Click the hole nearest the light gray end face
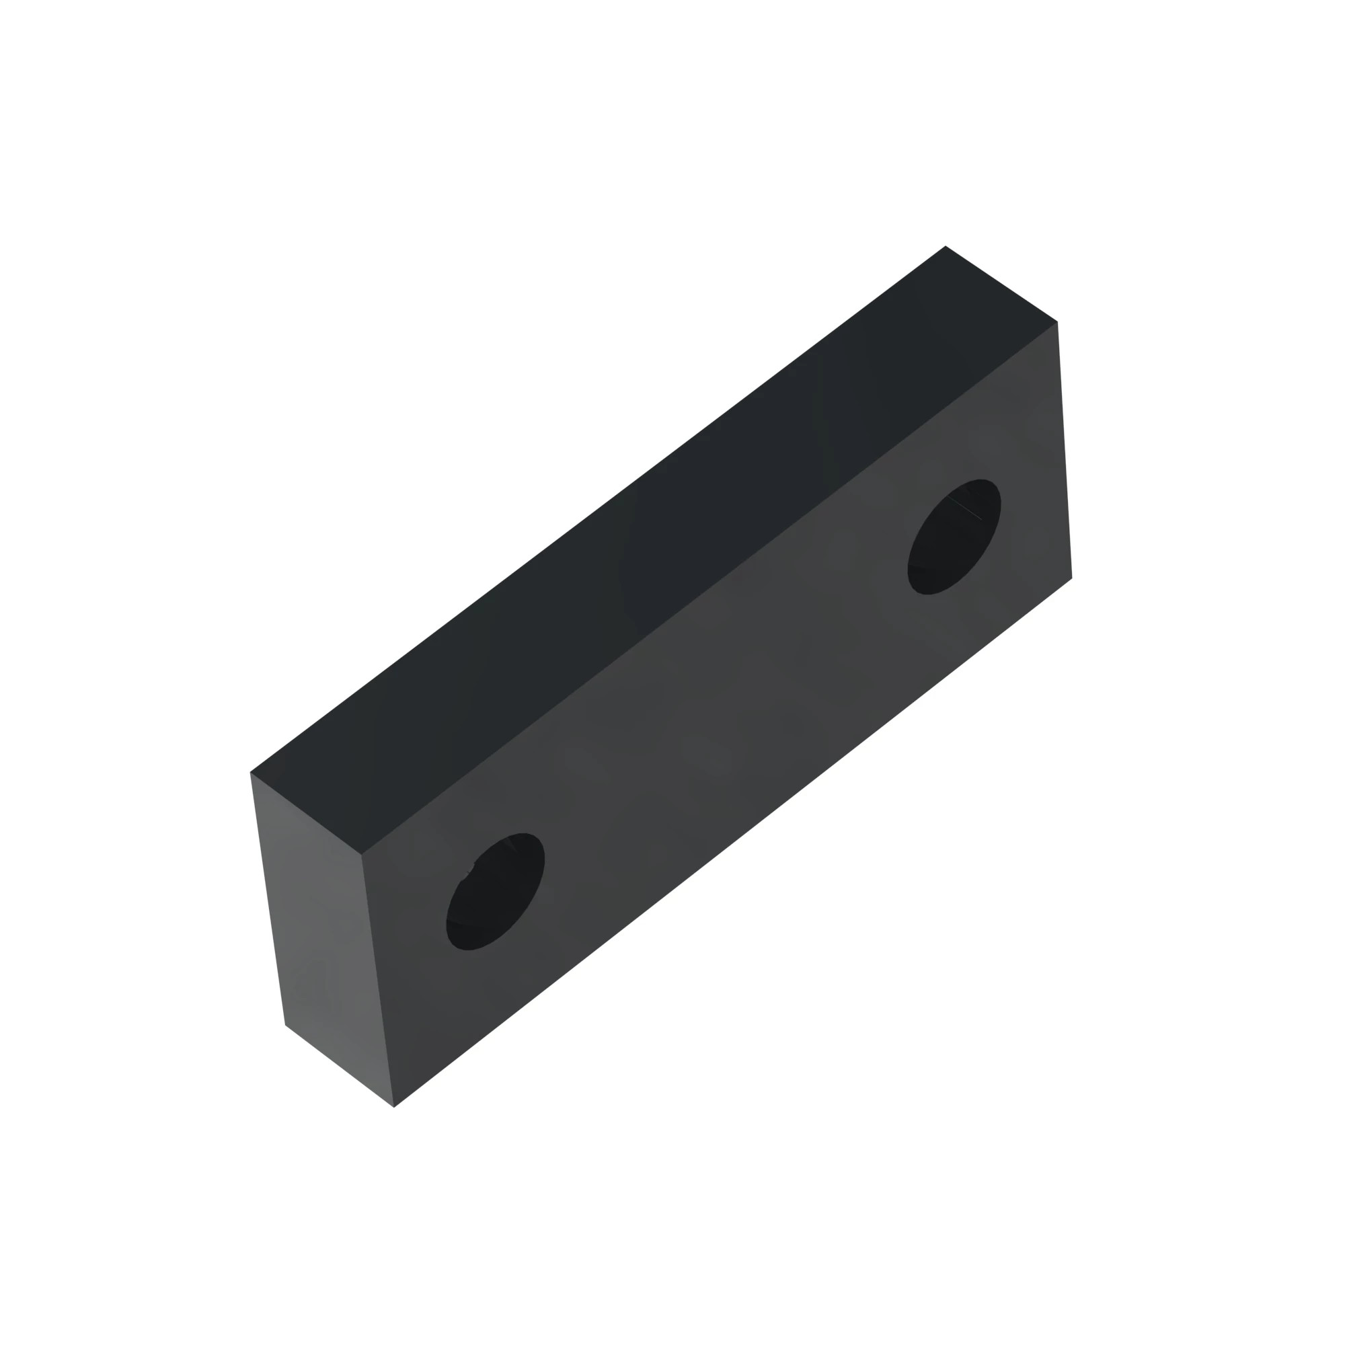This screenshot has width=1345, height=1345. (x=495, y=891)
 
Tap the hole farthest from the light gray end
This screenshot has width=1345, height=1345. (x=954, y=537)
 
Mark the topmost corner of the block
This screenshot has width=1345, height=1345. (x=946, y=245)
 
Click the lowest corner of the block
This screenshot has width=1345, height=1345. (x=394, y=1107)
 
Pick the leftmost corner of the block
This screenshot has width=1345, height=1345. (x=251, y=772)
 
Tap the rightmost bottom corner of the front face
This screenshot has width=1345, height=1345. (x=1071, y=578)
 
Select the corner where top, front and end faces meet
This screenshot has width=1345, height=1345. (x=361, y=854)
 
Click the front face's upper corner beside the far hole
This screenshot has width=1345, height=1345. (x=1056, y=321)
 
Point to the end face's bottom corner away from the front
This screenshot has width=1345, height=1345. (x=285, y=1025)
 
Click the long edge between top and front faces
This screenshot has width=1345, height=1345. (x=709, y=588)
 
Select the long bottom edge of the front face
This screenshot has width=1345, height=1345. (x=732, y=843)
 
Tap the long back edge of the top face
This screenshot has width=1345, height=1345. (x=597, y=509)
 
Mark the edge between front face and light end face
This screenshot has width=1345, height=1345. (x=377, y=981)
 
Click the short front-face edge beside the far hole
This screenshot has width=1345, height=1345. (x=1065, y=450)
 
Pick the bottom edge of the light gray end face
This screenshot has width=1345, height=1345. (x=340, y=1066)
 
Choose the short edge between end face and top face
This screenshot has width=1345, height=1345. (x=305, y=813)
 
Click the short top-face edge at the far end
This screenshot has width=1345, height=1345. (x=1001, y=283)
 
